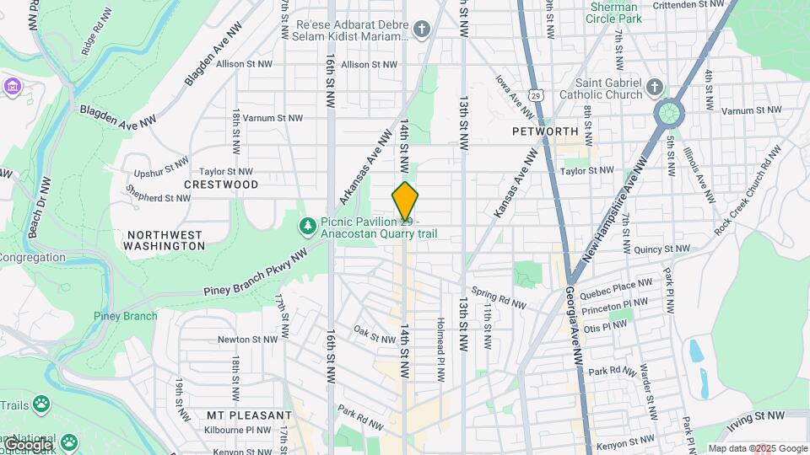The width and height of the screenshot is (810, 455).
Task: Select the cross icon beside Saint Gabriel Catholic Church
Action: [x=654, y=88]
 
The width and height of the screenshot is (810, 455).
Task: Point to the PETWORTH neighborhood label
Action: [x=545, y=131]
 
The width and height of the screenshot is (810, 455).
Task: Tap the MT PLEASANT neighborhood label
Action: [x=249, y=415]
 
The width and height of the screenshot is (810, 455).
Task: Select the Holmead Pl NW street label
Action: [x=440, y=346]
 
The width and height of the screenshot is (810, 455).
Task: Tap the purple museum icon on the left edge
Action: [x=11, y=87]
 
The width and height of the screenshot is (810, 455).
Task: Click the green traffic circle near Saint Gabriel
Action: [x=668, y=113]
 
